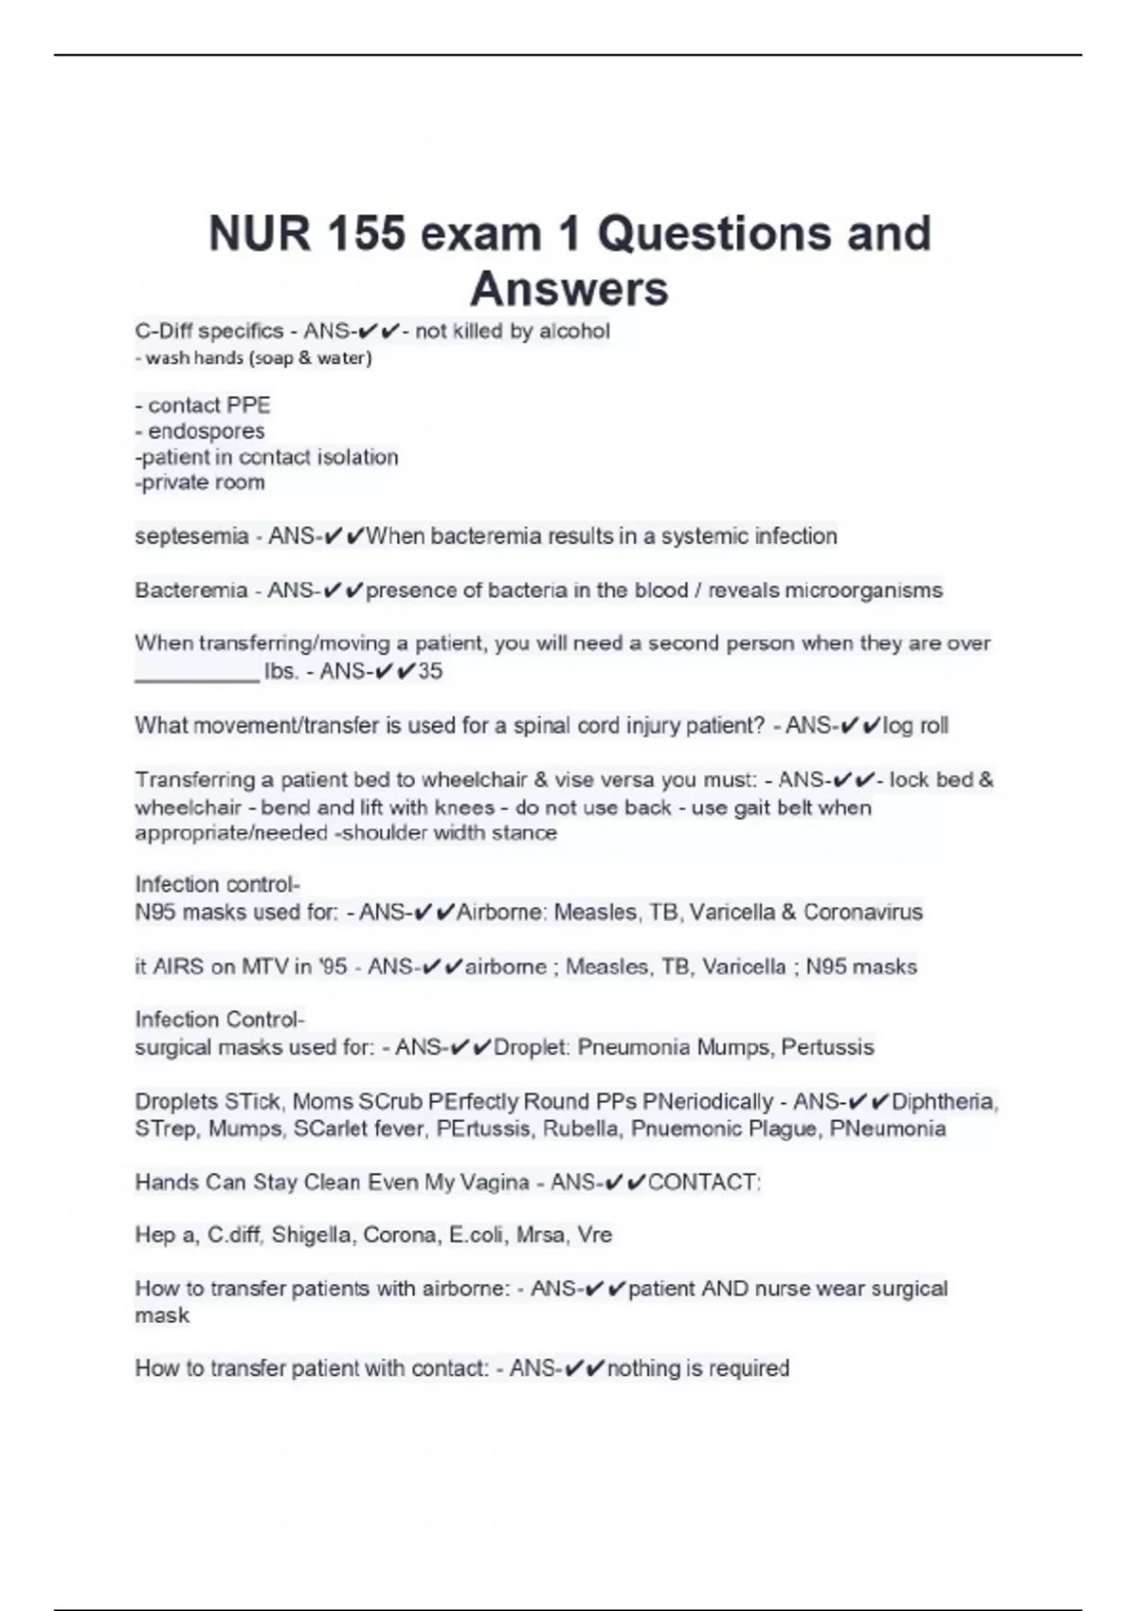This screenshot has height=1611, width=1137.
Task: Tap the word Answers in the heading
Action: [568, 289]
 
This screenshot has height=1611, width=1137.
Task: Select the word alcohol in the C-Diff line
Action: [574, 331]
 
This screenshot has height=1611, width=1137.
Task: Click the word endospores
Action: [206, 431]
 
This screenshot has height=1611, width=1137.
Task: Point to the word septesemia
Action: [191, 536]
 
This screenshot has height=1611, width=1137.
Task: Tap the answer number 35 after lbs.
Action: [430, 672]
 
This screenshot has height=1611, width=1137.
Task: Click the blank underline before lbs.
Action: [197, 675]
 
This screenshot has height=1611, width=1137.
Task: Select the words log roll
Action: [915, 726]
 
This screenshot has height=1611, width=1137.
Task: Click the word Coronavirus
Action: [862, 913]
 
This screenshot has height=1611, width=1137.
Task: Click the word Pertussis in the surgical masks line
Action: [827, 1047]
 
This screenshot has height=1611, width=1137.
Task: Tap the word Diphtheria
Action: [943, 1101]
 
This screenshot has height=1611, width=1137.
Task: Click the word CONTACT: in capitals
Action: [704, 1183]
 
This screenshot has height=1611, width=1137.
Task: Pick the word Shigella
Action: [314, 1235]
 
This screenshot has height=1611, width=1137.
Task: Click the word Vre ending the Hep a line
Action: [594, 1235]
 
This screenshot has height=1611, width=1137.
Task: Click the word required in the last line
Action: [749, 1368]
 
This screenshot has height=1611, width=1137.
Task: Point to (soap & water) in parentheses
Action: [310, 358]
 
